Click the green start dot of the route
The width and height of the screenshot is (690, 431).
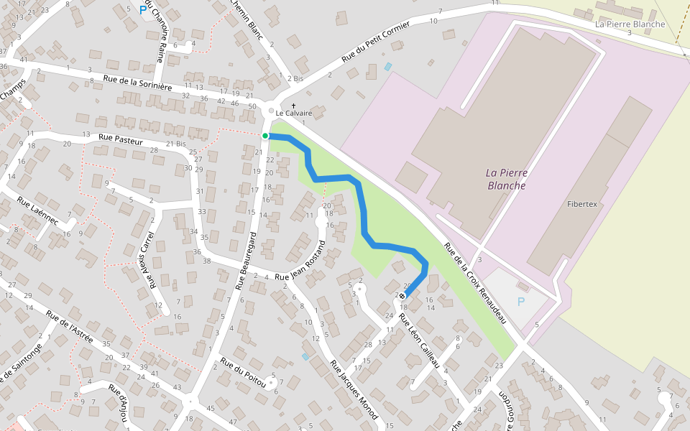tap(265, 136)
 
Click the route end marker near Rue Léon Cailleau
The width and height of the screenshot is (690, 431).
tap(402, 296)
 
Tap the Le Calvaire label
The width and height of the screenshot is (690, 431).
tap(294, 113)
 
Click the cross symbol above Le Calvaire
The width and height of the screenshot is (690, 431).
tap(293, 106)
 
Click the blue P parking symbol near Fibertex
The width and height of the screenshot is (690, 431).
tap(521, 302)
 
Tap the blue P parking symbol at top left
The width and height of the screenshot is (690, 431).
tap(143, 11)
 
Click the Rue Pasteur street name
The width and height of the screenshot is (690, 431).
tap(117, 137)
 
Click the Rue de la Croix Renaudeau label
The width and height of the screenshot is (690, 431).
tap(475, 283)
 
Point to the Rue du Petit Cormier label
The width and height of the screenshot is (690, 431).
tap(375, 42)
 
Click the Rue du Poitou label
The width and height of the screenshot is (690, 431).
tap(244, 374)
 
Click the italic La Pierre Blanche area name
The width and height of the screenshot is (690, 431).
tap(506, 179)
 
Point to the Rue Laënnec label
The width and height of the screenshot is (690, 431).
tap(38, 215)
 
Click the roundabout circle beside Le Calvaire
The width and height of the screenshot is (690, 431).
tap(271, 111)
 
